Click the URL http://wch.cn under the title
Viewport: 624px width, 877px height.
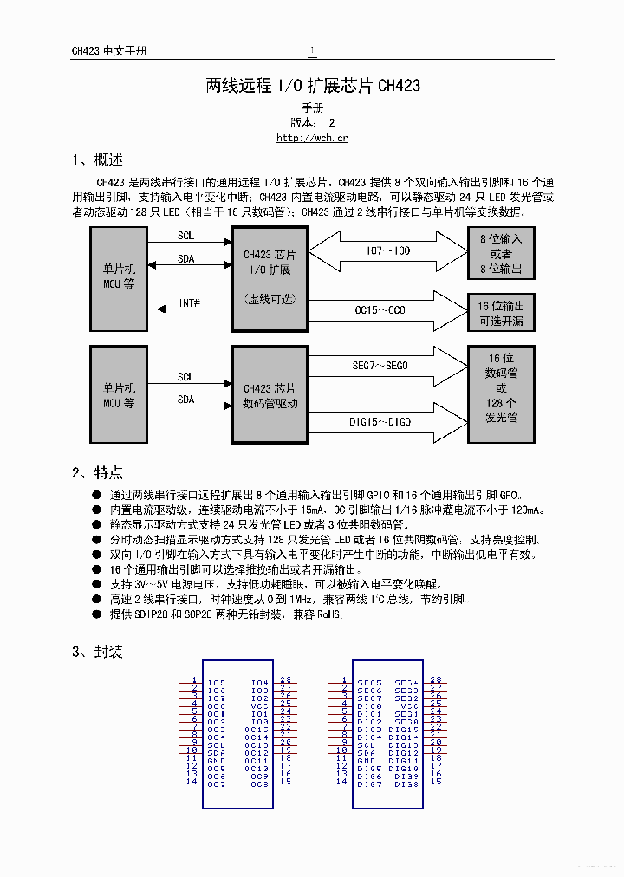click(x=312, y=137)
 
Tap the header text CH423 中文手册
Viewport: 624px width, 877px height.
click(x=108, y=51)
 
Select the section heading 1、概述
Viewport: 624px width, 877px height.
click(x=97, y=160)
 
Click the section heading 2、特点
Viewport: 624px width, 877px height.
click(x=97, y=472)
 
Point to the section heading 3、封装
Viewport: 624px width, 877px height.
click(x=97, y=652)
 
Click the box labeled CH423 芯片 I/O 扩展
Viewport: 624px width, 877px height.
click(x=270, y=278)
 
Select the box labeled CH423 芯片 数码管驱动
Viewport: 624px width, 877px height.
click(x=270, y=395)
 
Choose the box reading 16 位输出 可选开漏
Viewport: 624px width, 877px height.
click(x=501, y=313)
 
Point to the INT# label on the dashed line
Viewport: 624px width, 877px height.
click(x=189, y=302)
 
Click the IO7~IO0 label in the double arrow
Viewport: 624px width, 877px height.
click(x=387, y=251)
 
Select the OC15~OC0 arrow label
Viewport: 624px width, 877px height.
click(x=380, y=309)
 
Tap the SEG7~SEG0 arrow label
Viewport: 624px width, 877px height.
click(x=380, y=366)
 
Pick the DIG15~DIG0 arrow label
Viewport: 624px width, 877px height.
click(x=380, y=422)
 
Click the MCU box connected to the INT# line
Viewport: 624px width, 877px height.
click(x=119, y=278)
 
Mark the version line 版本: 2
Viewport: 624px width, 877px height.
click(x=312, y=123)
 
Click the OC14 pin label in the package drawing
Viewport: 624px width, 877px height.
click(x=257, y=737)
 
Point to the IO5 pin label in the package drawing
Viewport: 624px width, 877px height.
click(x=217, y=683)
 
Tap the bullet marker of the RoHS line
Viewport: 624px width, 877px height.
click(x=96, y=614)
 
